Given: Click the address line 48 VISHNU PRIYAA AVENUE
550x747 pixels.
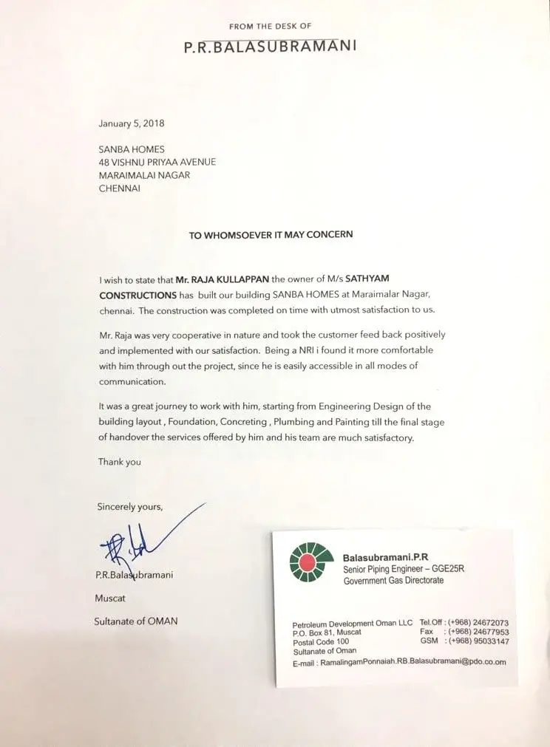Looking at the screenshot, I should tap(157, 162).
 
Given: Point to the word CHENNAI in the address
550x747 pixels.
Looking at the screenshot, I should tap(120, 188).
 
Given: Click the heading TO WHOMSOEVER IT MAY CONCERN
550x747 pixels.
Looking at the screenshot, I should tap(271, 235).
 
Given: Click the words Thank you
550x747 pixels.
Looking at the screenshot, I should tap(119, 462).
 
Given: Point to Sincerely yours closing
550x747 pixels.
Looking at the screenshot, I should tap(130, 507).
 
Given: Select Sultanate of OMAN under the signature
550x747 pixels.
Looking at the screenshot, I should tap(135, 621).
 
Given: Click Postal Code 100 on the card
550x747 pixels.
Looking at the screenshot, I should tap(323, 642).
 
